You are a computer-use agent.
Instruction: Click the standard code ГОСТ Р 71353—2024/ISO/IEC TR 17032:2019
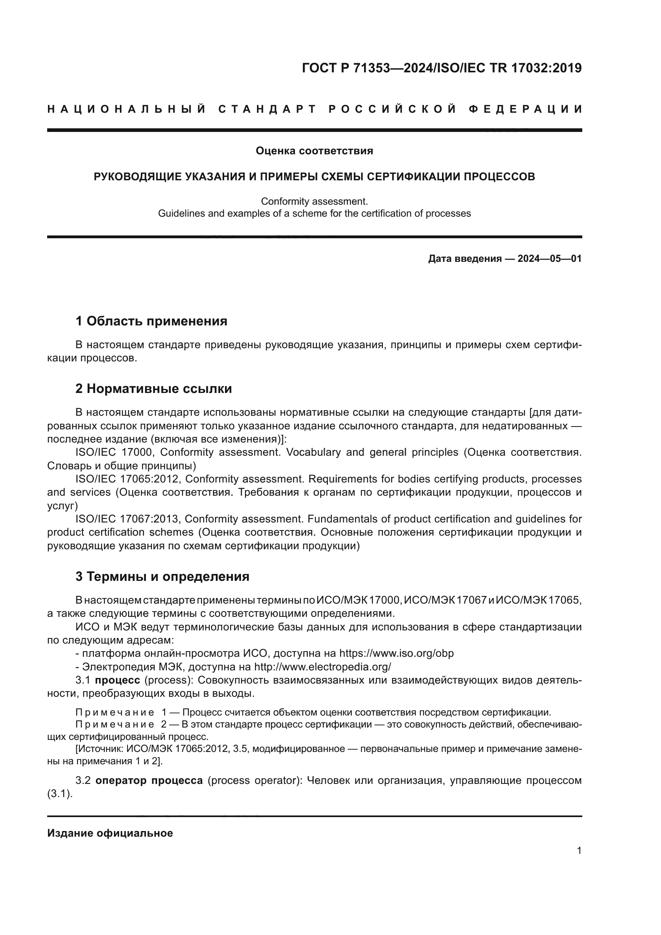click(442, 68)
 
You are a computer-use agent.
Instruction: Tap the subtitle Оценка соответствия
click(314, 151)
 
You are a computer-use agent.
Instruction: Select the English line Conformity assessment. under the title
click(314, 201)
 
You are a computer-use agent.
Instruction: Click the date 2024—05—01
click(550, 259)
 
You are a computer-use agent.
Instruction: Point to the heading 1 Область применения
click(151, 321)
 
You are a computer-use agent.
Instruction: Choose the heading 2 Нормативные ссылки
click(153, 389)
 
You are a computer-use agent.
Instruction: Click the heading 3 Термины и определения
click(162, 577)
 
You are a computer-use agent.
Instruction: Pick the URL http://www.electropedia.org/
click(323, 667)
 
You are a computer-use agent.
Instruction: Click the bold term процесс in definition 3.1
click(117, 680)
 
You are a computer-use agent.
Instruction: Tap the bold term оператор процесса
click(149, 781)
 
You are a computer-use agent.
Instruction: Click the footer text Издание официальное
click(110, 833)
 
